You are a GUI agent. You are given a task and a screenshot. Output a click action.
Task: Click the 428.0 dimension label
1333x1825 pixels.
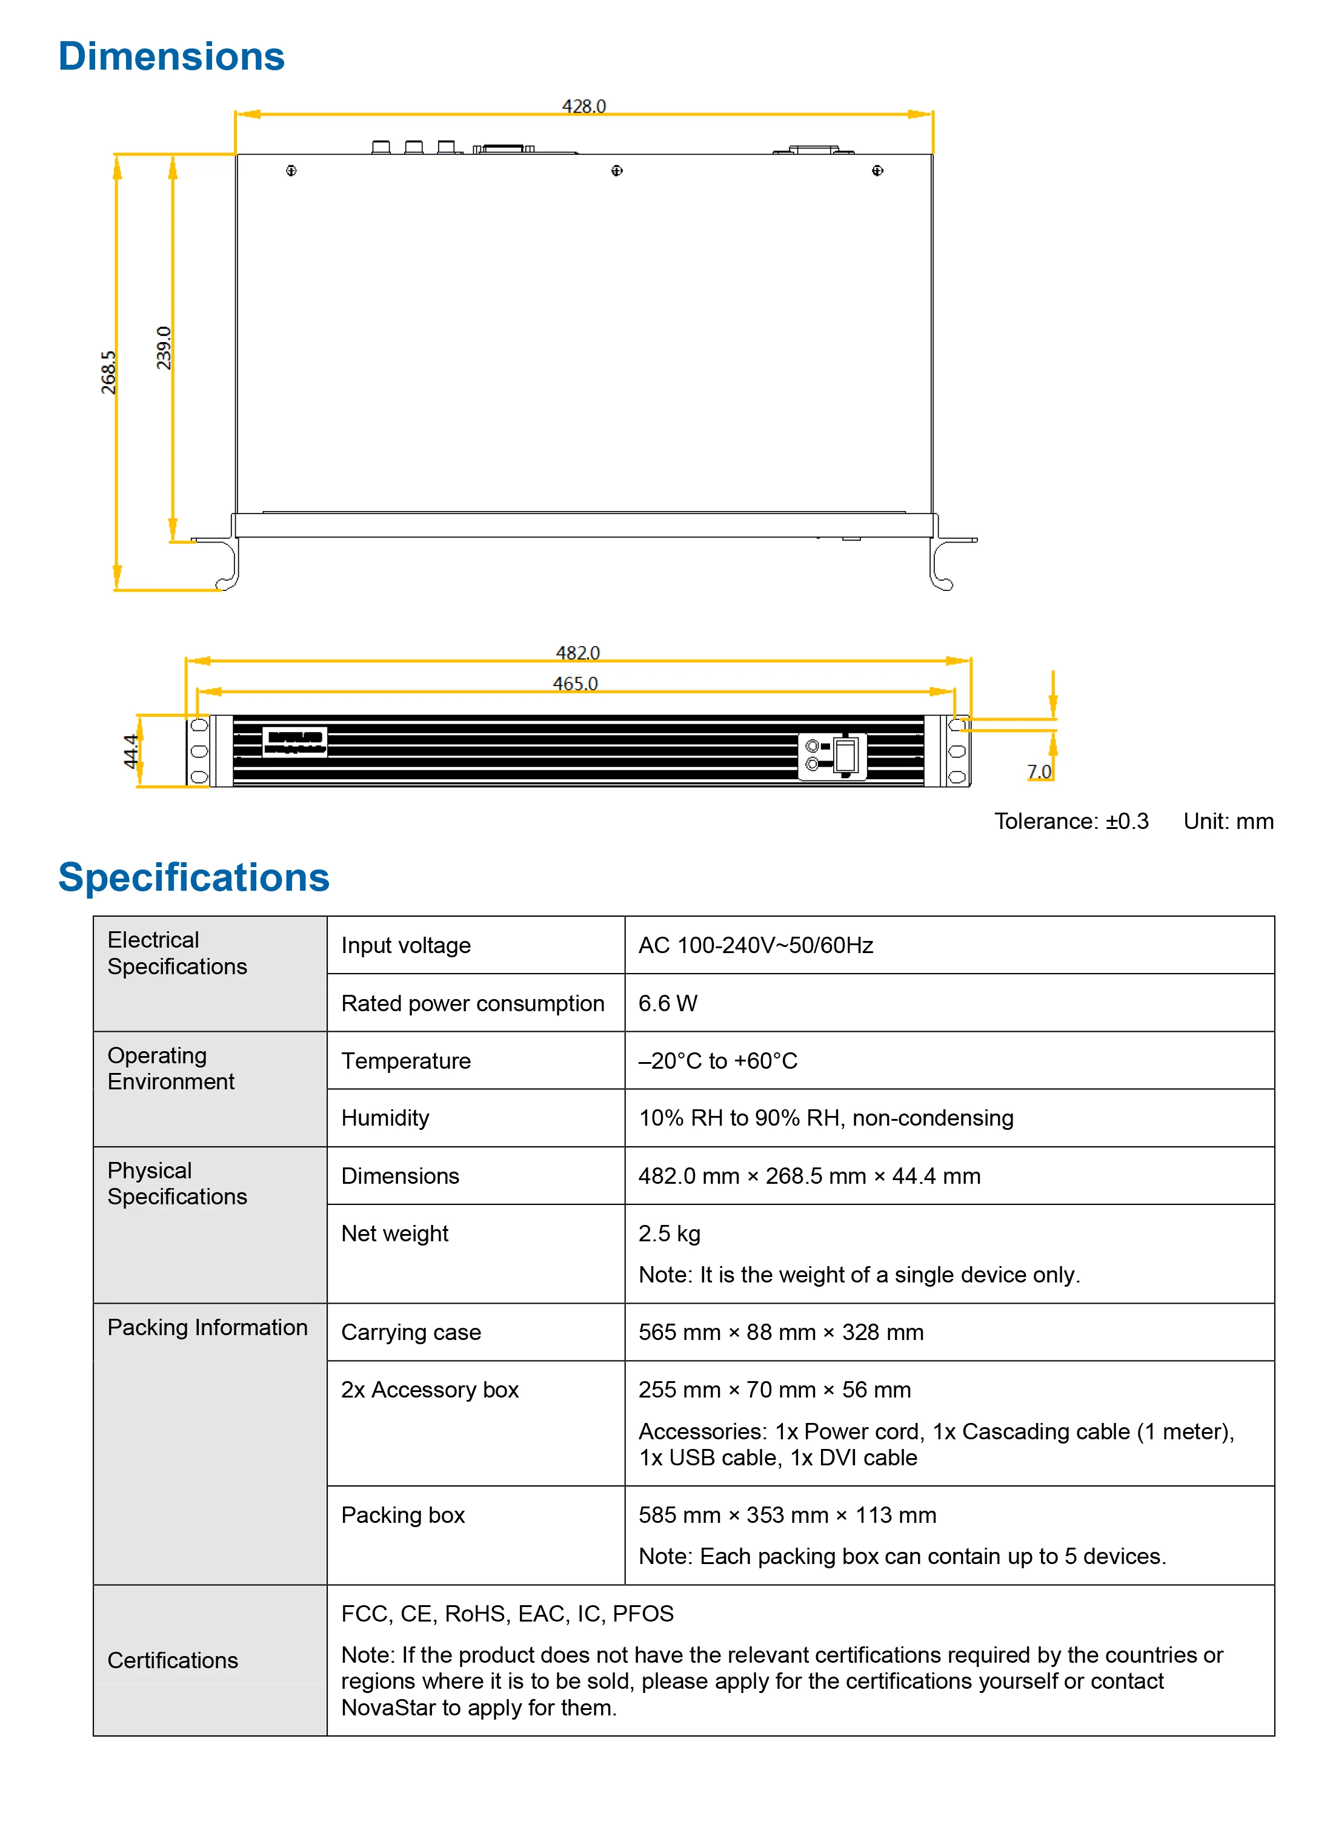pyautogui.click(x=583, y=107)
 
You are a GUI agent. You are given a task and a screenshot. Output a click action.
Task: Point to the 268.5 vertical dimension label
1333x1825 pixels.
pyautogui.click(x=108, y=372)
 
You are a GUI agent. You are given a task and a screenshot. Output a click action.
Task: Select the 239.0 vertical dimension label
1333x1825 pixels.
pyautogui.click(x=164, y=348)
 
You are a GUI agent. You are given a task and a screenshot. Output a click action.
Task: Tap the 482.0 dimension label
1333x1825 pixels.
pyautogui.click(x=578, y=652)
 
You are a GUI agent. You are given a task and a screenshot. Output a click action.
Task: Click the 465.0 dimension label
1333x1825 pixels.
pyautogui.click(x=576, y=684)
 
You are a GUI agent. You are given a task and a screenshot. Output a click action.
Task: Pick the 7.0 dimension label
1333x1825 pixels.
pyautogui.click(x=1039, y=772)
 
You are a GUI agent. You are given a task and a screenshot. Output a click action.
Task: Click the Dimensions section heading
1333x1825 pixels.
pyautogui.click(x=171, y=56)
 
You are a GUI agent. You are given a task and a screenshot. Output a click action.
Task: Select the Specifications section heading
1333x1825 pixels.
pyautogui.click(x=194, y=877)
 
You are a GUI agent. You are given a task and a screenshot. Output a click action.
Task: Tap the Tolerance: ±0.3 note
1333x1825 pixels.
pyautogui.click(x=1071, y=821)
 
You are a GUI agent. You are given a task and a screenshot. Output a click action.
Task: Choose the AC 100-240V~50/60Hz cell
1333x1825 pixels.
pyautogui.click(x=755, y=945)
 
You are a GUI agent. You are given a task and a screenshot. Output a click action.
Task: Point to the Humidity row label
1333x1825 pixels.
pyautogui.click(x=385, y=1118)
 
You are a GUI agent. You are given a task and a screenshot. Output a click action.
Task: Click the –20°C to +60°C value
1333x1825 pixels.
pyautogui.click(x=717, y=1060)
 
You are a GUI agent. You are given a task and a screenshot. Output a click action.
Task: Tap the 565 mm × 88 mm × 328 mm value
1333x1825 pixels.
pyautogui.click(x=780, y=1332)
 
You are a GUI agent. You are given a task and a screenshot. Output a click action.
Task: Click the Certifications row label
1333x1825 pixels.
pyautogui.click(x=173, y=1660)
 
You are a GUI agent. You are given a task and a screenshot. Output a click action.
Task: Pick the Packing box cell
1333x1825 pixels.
pyautogui.click(x=403, y=1516)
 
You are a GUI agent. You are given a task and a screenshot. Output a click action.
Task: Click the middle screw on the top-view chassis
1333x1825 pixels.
pyautogui.click(x=616, y=170)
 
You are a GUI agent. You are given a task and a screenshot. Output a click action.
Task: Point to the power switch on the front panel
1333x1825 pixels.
pyautogui.click(x=845, y=756)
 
